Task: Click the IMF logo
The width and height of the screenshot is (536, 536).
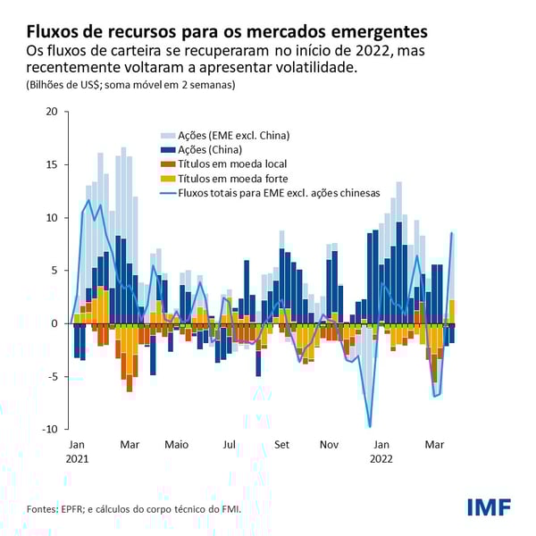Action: pos(489,507)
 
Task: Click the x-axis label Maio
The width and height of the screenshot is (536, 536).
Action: pos(177,444)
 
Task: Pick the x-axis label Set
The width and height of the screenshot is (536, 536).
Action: pos(282,444)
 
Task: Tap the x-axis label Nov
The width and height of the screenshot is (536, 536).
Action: pos(330,444)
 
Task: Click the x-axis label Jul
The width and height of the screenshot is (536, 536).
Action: pos(230,444)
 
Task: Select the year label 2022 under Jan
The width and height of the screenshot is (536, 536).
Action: pos(381,458)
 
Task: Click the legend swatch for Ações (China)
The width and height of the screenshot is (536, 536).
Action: pos(164,150)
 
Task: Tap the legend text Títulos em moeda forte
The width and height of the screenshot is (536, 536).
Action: pos(231,178)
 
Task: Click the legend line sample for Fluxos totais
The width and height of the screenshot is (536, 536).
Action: pos(164,192)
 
